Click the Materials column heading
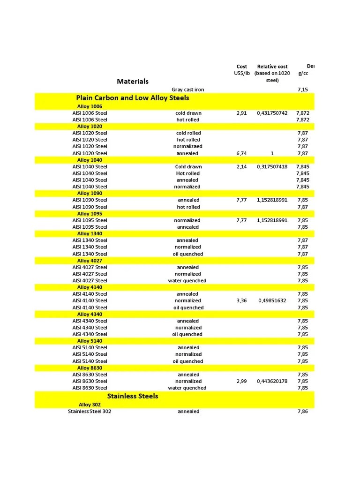pos(133,81)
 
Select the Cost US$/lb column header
pos(241,70)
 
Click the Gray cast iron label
pos(187,90)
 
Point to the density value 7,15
pos(303,90)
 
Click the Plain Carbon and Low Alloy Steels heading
pos(133,98)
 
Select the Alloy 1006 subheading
pos(90,106)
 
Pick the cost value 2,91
pos(241,113)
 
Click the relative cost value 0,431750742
pos(272,113)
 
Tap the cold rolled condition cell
pos(188,133)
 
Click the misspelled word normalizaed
pos(188,146)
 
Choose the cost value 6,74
pos(241,153)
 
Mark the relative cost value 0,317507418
pos(272,167)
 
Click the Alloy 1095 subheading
pos(90,214)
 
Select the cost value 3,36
pos(241,300)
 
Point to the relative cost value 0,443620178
pos(272,381)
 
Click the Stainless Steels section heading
pos(133,396)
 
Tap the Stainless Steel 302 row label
pos(90,412)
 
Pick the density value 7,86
pos(303,412)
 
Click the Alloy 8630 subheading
pos(90,368)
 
